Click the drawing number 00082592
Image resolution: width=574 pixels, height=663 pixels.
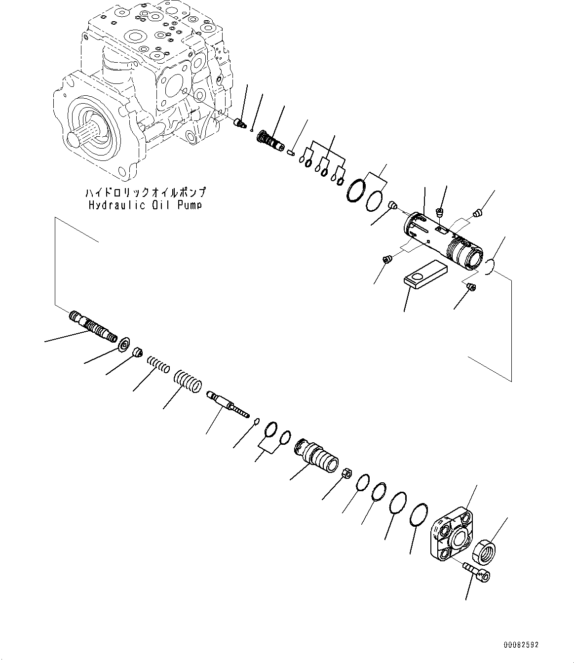click(521, 645)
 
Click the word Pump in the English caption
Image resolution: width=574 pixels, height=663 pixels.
click(188, 205)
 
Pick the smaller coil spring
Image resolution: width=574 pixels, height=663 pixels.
click(158, 366)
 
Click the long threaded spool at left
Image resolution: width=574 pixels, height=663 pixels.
click(94, 326)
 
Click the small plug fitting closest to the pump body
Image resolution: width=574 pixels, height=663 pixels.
click(240, 123)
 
